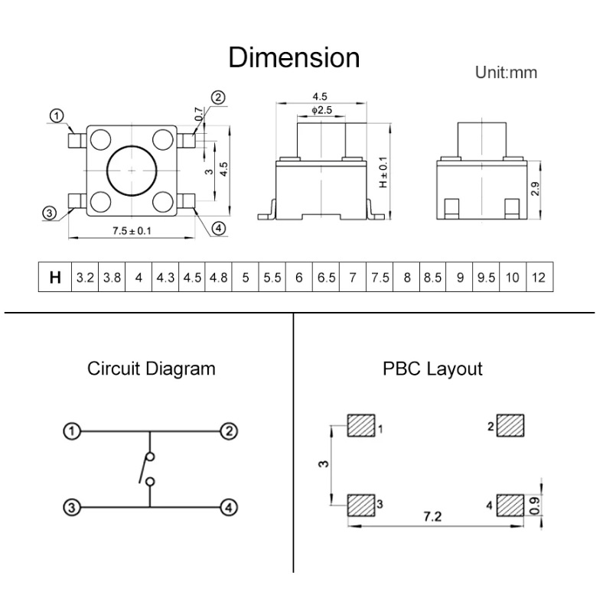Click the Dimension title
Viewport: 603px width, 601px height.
click(x=294, y=57)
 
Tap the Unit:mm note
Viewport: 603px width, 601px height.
click(x=506, y=73)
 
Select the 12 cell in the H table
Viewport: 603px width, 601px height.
click(x=539, y=277)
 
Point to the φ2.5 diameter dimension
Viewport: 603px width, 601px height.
click(x=321, y=111)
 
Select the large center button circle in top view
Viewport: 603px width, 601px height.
click(x=132, y=170)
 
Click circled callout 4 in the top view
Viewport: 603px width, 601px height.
click(x=218, y=229)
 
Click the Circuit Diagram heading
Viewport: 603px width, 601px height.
click(x=151, y=369)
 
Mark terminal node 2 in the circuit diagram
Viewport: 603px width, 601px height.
click(x=227, y=432)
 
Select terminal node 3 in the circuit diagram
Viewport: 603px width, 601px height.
click(x=70, y=506)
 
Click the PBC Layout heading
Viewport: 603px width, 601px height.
click(x=432, y=369)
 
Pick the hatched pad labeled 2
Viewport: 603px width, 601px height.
click(x=510, y=425)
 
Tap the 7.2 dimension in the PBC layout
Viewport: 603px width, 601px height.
click(x=433, y=517)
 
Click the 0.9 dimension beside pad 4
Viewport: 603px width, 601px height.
click(x=533, y=505)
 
